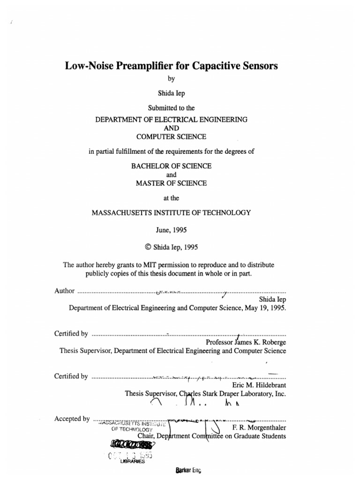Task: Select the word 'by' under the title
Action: (171, 79)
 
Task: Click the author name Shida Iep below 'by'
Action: (171, 93)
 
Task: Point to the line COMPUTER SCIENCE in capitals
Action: (171, 136)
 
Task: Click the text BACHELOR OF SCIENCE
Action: (171, 166)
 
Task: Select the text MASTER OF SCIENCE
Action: (171, 183)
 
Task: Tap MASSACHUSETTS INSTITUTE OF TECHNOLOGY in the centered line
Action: (171, 212)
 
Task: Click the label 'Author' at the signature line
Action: (64, 291)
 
